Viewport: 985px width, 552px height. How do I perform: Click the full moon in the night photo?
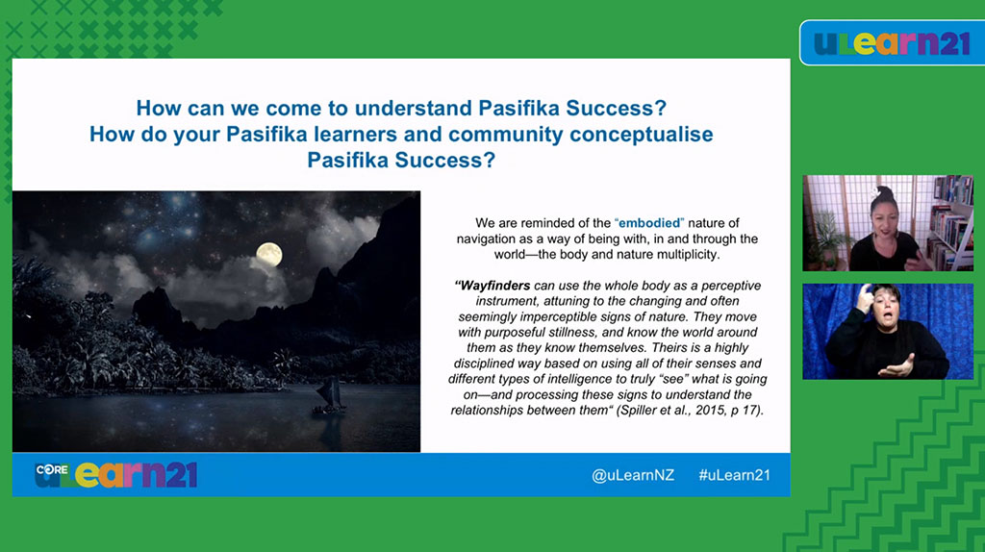point(269,254)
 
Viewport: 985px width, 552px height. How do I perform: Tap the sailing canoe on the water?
point(329,397)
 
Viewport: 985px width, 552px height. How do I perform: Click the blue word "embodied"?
point(649,223)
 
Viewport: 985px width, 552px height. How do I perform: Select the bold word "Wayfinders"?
point(495,286)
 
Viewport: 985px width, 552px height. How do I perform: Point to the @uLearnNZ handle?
point(633,475)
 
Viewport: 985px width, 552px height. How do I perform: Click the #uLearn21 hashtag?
point(734,475)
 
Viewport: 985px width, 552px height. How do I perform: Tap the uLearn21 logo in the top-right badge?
point(892,43)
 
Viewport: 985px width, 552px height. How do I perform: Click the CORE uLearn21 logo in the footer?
point(116,475)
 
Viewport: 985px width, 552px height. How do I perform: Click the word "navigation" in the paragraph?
point(487,239)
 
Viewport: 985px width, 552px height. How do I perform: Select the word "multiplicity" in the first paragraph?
point(688,255)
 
